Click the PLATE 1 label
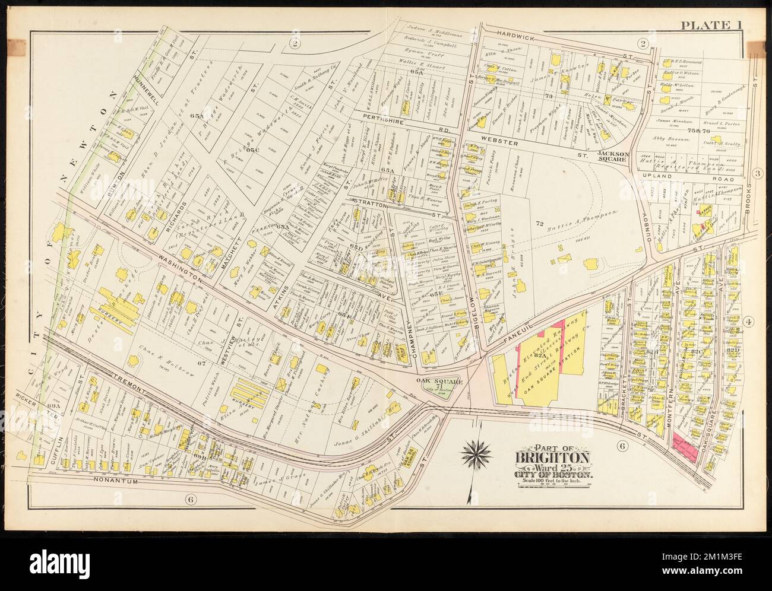click(x=709, y=24)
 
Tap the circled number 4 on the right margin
click(x=749, y=323)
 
